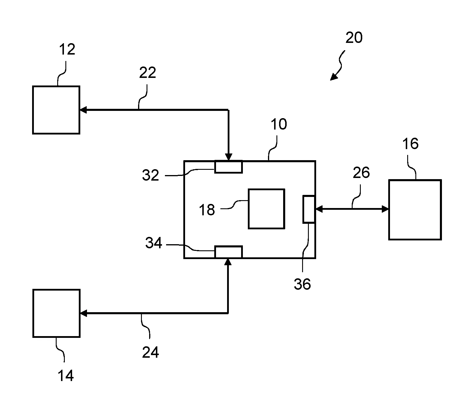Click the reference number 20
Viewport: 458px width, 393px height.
pos(354,38)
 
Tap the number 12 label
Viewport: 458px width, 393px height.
pos(67,50)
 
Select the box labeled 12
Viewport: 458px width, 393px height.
pos(56,110)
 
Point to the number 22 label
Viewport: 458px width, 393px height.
pos(147,73)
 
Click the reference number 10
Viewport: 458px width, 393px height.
pos(279,124)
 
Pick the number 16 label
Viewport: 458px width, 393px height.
pos(410,144)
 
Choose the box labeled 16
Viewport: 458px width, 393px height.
pos(415,210)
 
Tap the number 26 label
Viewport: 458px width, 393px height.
pos(361,173)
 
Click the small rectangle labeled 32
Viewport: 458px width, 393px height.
pos(229,167)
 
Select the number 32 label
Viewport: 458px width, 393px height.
pos(151,175)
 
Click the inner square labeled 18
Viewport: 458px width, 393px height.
pos(266,209)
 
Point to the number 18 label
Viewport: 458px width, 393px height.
pos(207,210)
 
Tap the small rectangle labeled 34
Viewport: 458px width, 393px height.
pos(229,252)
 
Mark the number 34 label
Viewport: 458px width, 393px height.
pos(154,243)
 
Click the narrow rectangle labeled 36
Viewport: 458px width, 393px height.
pos(309,209)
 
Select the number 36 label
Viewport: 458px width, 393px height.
pos(302,284)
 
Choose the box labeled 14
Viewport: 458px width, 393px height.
pos(56,313)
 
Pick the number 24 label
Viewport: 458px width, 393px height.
pos(151,352)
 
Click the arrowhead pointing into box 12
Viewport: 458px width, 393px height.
pos(83,110)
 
